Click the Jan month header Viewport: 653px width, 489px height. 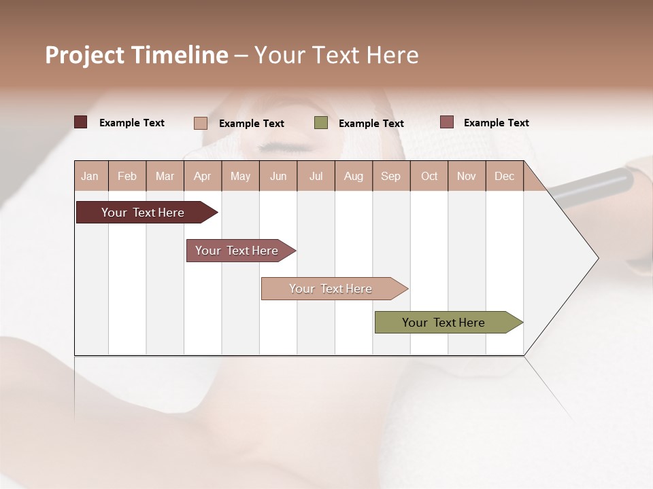[x=90, y=177]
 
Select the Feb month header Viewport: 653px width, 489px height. [x=127, y=177]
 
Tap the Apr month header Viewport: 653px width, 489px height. [x=202, y=177]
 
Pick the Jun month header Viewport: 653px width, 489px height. [x=278, y=177]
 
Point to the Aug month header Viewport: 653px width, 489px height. [x=353, y=177]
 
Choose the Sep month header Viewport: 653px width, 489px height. [x=390, y=177]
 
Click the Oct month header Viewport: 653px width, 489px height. [x=429, y=177]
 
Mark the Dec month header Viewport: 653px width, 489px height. [x=504, y=177]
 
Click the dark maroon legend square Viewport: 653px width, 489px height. [x=81, y=122]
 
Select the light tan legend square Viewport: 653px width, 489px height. [x=201, y=123]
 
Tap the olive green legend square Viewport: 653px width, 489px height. [x=321, y=123]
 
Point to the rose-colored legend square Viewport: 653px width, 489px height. [x=447, y=122]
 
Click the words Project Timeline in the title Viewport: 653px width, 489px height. [x=136, y=55]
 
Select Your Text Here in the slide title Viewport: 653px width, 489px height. [x=336, y=55]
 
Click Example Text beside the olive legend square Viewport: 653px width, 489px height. [x=371, y=124]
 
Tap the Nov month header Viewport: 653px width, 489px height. [x=467, y=177]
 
